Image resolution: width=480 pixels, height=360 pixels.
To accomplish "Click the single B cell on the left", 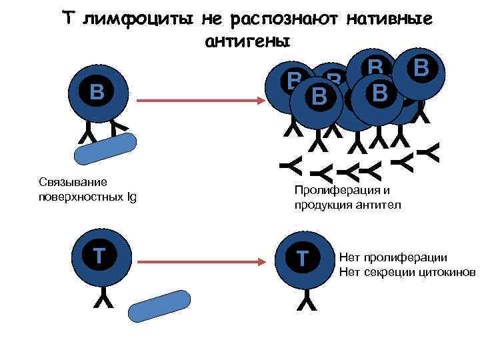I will pyautogui.click(x=97, y=93).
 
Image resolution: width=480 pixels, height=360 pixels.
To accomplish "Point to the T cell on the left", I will pyautogui.click(x=97, y=256).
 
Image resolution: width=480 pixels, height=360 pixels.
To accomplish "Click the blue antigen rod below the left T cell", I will pyautogui.click(x=159, y=307).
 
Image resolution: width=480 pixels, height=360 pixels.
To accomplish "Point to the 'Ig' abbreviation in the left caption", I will pyautogui.click(x=131, y=197).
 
